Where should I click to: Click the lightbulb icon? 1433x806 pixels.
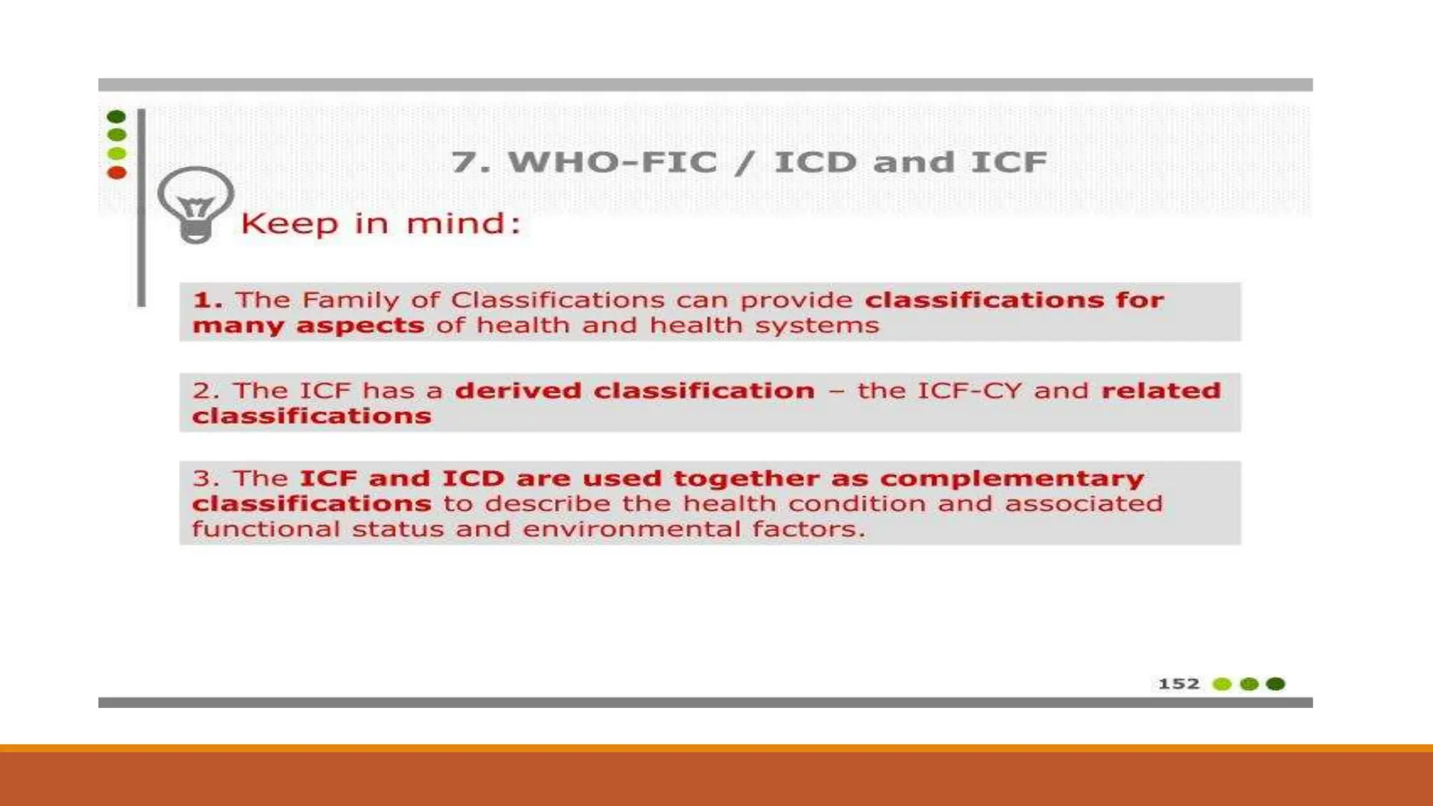(x=195, y=204)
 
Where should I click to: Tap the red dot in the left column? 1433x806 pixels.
(x=117, y=172)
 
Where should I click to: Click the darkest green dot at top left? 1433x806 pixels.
(x=116, y=116)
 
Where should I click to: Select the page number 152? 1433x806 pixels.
(x=1178, y=684)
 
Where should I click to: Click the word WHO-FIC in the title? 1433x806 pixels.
(x=612, y=162)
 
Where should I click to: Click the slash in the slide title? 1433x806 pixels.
(x=744, y=162)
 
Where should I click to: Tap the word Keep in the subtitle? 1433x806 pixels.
(x=289, y=225)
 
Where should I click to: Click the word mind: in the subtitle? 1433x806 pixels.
(x=463, y=224)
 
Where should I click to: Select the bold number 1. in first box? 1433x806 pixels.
(x=208, y=300)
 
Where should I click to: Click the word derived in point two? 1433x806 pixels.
(x=518, y=390)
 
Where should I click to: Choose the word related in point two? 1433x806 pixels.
(x=1161, y=390)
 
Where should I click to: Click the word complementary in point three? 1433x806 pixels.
(x=1012, y=479)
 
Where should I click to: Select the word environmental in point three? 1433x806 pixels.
(x=631, y=529)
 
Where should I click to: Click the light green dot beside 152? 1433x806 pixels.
(x=1222, y=684)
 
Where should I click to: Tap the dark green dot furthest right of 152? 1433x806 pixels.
(x=1276, y=684)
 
